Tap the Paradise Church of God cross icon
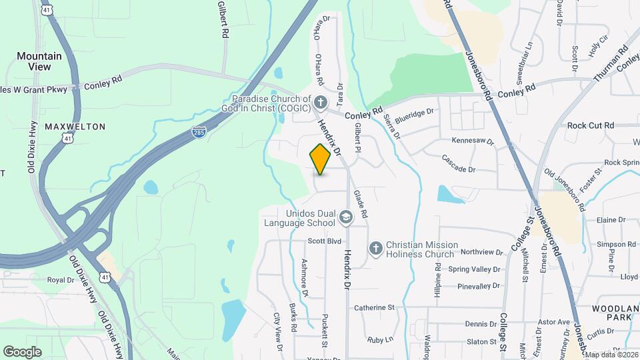coord(321,103)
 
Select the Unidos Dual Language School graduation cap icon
coord(345,216)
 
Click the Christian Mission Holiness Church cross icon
coord(375,249)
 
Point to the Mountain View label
coord(39,61)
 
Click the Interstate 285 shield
coord(199,132)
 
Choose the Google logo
coord(22,351)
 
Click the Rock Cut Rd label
coord(590,125)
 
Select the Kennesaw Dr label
coord(472,141)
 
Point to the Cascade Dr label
coord(458,164)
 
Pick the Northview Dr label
coord(481,252)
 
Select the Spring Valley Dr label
coord(473,269)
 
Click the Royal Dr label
coord(60,280)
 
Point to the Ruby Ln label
coord(380,339)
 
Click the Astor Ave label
coord(554,322)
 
